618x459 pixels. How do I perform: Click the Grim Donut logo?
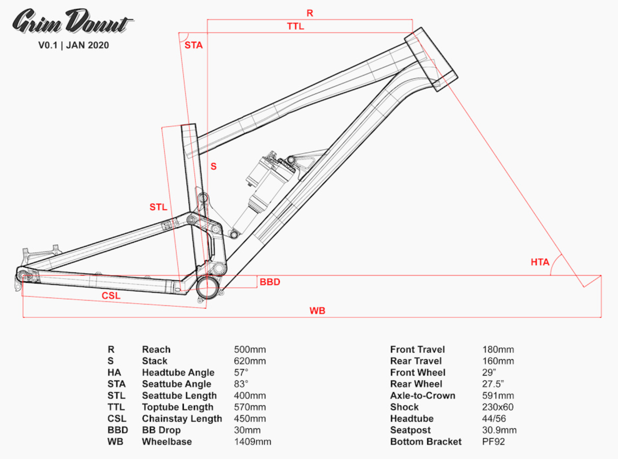73,22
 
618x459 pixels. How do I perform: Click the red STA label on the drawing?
193,45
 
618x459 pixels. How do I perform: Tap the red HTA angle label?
540,262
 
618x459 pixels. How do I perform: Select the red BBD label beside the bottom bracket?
270,282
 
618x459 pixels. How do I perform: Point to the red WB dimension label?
317,311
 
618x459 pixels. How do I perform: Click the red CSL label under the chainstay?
111,295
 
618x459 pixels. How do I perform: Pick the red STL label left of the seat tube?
158,207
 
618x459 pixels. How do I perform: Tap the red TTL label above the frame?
295,26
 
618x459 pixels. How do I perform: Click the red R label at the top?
309,13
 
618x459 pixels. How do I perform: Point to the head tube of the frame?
431,59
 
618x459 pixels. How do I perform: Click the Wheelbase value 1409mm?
252,442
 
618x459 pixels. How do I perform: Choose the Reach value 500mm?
250,349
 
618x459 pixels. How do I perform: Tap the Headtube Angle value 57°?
241,373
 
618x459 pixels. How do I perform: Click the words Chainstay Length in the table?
182,419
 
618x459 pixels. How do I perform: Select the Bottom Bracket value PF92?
494,442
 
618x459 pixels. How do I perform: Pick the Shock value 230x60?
497,407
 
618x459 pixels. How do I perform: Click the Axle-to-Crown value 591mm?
498,396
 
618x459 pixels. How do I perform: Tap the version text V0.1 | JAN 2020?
74,45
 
